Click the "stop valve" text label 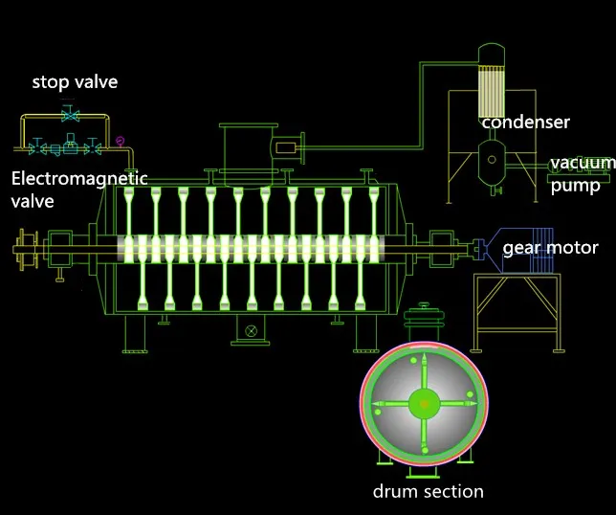coord(75,81)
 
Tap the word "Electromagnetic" coord(79,178)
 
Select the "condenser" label coord(526,123)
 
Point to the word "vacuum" coord(583,163)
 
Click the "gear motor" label coord(550,248)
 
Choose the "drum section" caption coord(429,491)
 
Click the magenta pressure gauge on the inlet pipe coord(120,141)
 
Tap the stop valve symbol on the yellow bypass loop coord(71,115)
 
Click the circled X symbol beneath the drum coord(251,331)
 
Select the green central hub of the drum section coord(424,404)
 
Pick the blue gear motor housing coord(519,251)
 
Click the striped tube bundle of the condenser coord(491,92)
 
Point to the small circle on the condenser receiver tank coord(492,160)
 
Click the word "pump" coord(576,186)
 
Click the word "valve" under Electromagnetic coord(33,201)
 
